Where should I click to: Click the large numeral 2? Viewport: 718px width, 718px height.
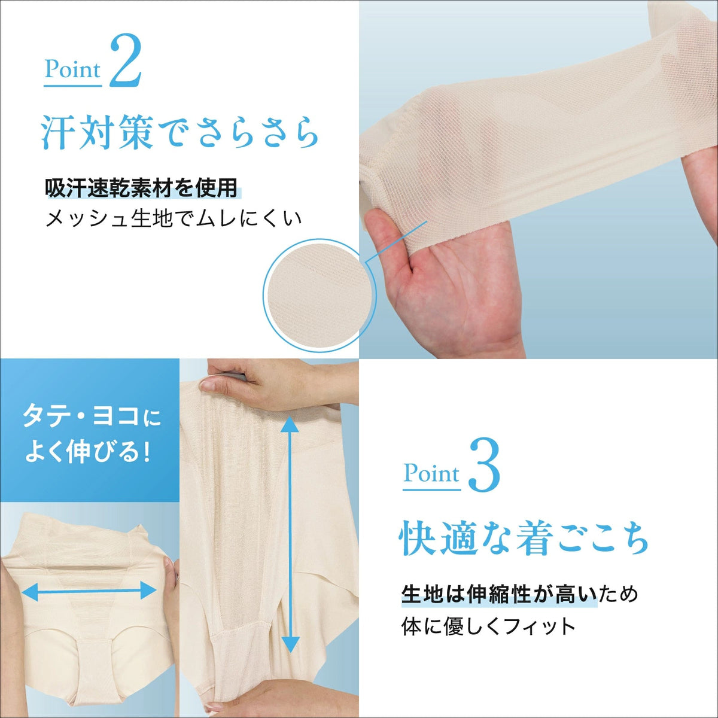(126, 60)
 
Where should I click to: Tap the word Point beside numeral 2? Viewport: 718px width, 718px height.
(72, 70)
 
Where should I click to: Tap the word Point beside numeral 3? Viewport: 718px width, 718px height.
(432, 474)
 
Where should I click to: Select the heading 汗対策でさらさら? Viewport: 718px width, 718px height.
(180, 133)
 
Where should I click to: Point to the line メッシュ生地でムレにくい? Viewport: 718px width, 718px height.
(174, 218)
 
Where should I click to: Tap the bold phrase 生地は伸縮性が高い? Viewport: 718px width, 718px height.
(499, 595)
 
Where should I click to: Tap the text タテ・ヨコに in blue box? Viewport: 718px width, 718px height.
(92, 417)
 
